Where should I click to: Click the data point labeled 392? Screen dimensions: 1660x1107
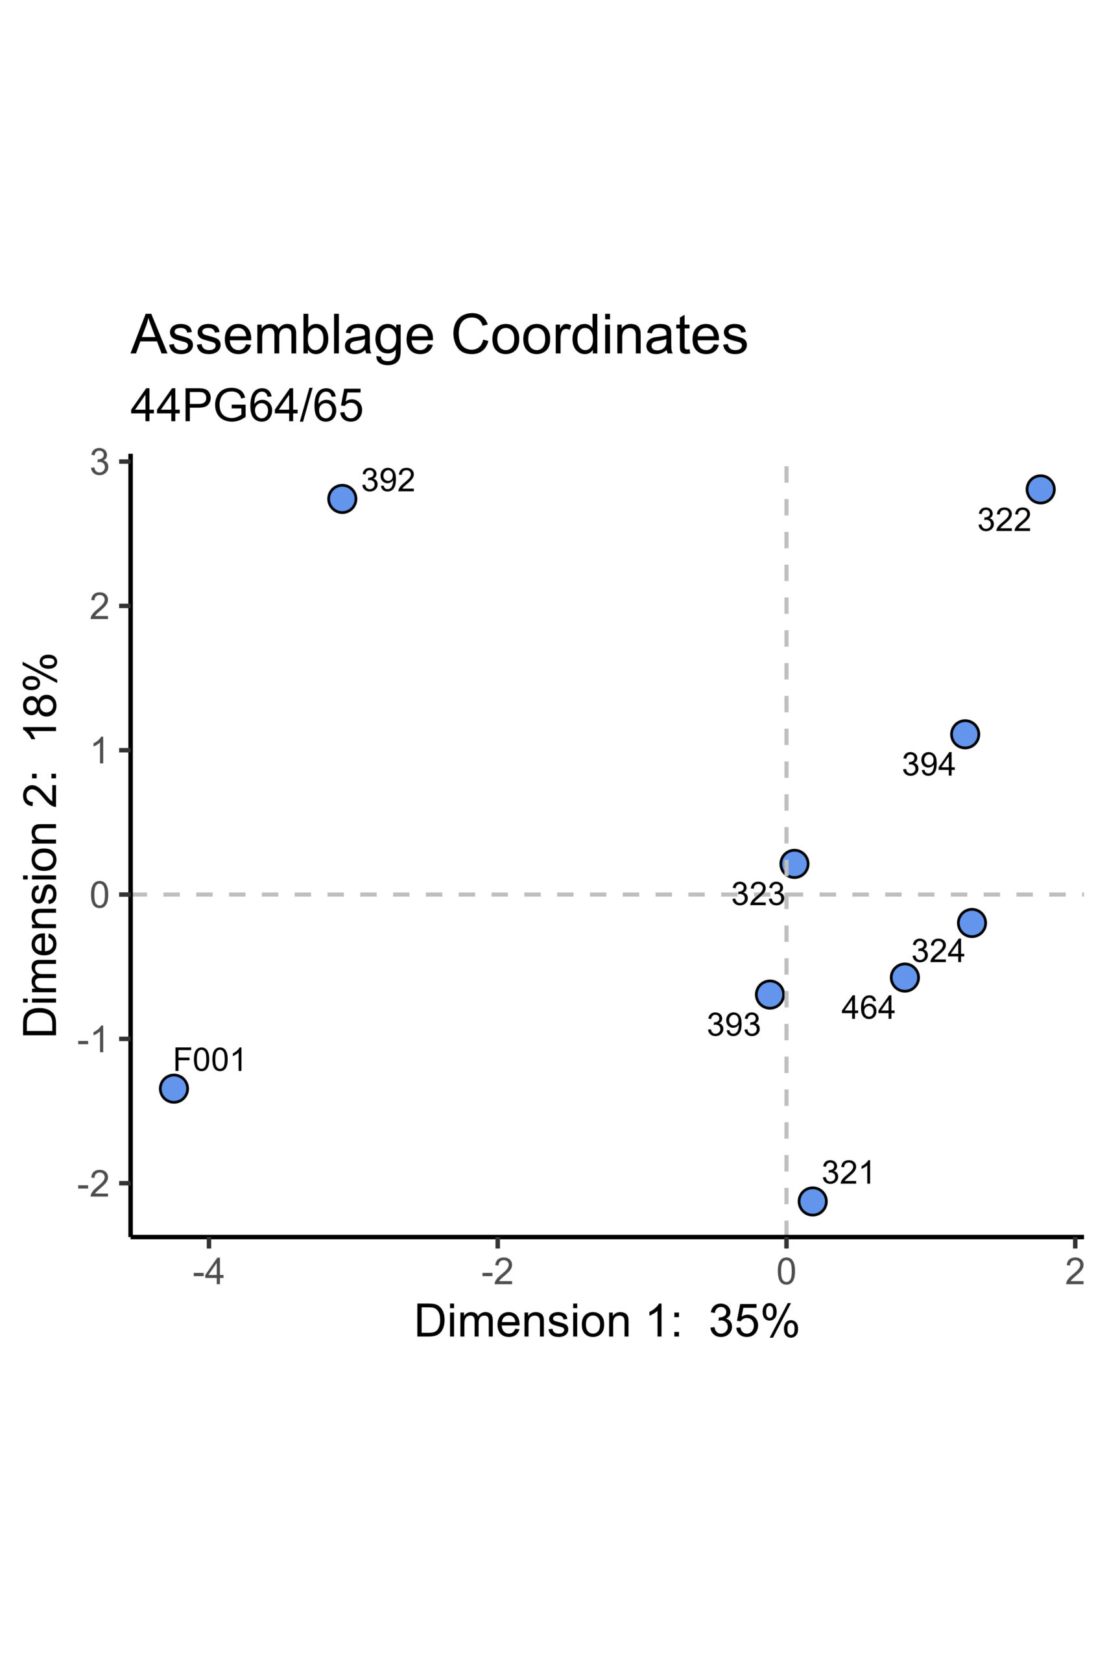(x=342, y=499)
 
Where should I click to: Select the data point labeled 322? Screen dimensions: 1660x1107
(x=1040, y=489)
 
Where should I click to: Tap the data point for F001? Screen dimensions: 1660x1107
(x=174, y=1088)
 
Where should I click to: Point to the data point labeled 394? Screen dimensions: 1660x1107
(x=964, y=734)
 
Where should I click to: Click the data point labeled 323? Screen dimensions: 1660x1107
(x=794, y=863)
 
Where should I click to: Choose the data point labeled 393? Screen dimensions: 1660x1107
(x=770, y=995)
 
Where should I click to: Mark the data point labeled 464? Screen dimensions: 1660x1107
(x=905, y=977)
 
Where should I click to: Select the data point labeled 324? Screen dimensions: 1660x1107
(x=972, y=923)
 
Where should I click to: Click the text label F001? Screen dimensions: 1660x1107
(x=209, y=1060)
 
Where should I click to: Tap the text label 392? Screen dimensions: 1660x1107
(x=388, y=480)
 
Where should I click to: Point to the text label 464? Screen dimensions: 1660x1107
(x=868, y=1008)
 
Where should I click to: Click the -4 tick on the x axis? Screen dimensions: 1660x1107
(x=208, y=1272)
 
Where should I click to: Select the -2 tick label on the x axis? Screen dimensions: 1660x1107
(x=497, y=1272)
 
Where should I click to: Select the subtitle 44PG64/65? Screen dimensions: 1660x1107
(x=246, y=407)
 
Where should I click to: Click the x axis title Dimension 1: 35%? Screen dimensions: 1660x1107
(x=606, y=1320)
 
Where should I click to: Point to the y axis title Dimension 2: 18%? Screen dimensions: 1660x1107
(x=40, y=846)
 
